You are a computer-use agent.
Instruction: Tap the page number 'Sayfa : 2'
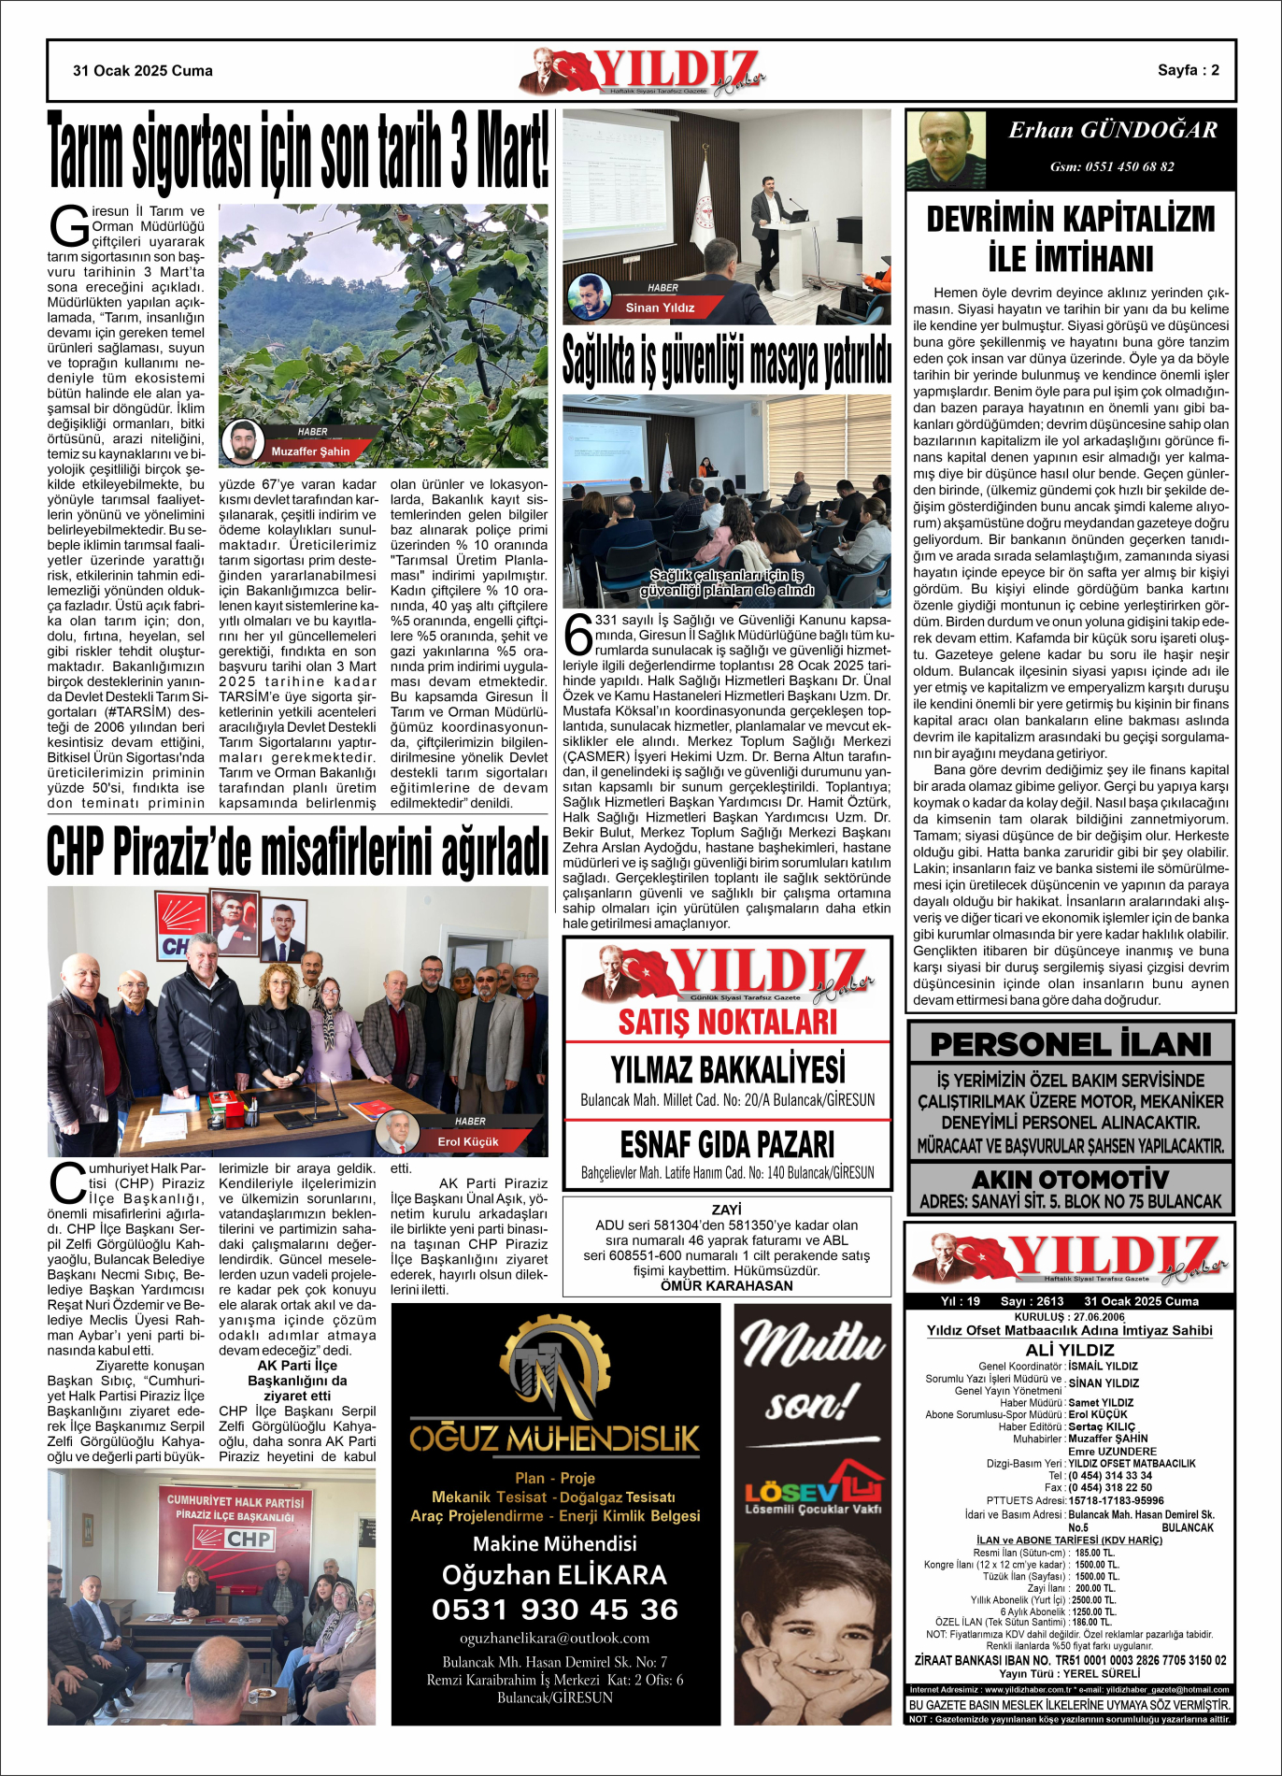point(1188,70)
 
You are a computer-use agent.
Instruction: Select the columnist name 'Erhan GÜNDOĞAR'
point(1112,131)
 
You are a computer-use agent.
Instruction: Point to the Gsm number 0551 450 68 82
point(1112,167)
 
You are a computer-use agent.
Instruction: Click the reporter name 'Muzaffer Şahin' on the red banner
point(310,451)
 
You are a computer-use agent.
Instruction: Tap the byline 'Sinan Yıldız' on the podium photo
point(660,308)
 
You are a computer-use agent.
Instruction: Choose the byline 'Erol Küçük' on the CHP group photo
point(468,1141)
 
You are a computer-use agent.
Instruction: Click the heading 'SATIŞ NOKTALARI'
point(727,1022)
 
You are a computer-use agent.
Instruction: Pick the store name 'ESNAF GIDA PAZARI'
point(727,1144)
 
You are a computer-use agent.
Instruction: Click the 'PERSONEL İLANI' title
point(1070,1044)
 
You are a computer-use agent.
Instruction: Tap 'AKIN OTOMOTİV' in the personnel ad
point(1070,1179)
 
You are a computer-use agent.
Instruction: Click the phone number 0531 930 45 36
point(555,1610)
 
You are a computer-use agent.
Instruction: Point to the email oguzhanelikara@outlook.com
point(555,1639)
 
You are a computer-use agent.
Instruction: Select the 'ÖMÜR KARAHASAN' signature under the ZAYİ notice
point(726,1285)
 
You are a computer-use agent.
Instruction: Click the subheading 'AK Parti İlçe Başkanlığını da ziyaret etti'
point(297,1381)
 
